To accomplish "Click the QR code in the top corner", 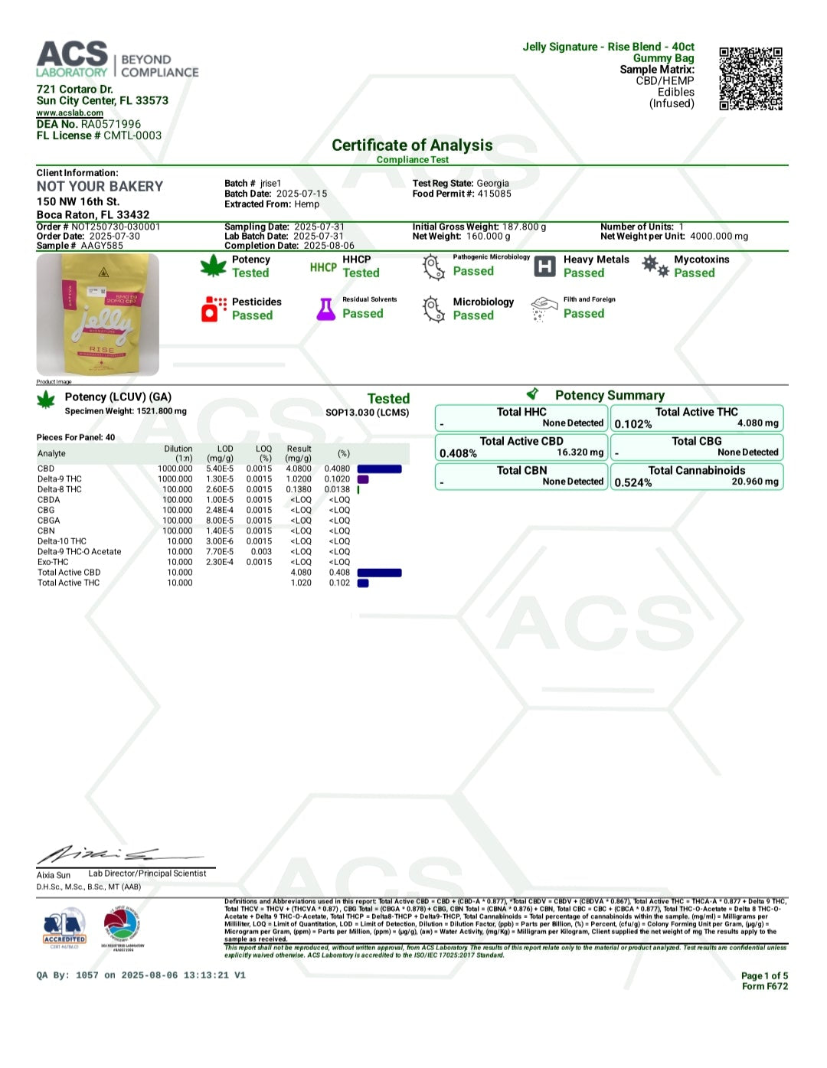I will (750, 78).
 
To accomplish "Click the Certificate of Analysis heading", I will (412, 145).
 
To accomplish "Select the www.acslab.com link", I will (70, 113).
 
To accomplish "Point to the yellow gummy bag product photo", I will (98, 315).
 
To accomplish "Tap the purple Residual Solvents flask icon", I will (326, 309).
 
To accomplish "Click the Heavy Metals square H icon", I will (544, 266).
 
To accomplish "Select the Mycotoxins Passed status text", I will (694, 273).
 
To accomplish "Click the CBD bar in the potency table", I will (379, 469).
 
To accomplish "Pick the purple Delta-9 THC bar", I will (363, 479).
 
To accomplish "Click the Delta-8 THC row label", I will (60, 489).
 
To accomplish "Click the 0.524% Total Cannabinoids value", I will (633, 483).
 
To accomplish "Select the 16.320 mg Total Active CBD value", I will (581, 452).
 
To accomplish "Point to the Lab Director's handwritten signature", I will (100, 854).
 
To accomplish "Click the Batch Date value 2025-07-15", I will (302, 194).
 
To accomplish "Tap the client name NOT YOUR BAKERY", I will (100, 187).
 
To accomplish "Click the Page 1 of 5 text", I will (763, 975).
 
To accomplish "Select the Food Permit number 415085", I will (494, 194).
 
